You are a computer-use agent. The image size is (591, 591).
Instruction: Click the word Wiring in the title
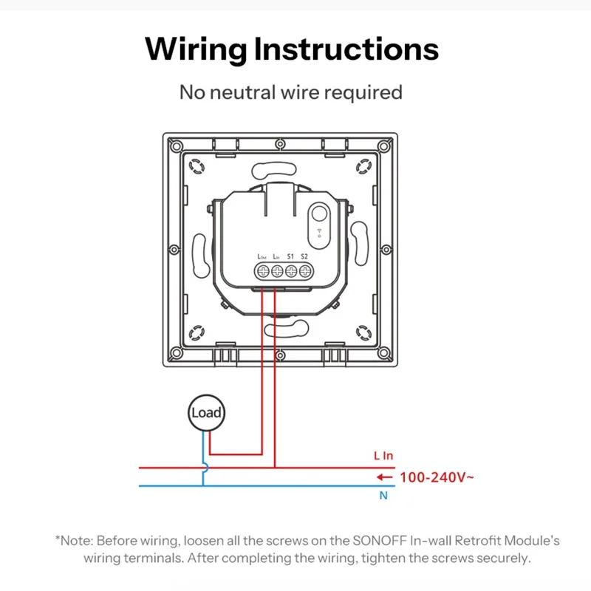point(195,49)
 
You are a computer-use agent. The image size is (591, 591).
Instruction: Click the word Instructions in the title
point(346,49)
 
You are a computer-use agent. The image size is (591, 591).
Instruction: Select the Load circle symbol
point(206,413)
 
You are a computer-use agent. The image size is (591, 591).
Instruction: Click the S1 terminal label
point(290,256)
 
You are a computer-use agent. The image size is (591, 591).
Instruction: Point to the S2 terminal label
point(304,256)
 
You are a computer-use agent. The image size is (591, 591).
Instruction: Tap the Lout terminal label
point(262,256)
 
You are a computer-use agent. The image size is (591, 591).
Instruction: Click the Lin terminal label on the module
point(276,256)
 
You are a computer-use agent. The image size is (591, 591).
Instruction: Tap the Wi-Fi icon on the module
point(319,232)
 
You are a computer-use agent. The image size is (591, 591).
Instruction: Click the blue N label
point(383,496)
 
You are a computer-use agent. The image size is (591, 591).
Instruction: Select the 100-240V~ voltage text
point(437,477)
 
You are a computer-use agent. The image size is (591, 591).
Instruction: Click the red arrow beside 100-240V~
point(384,477)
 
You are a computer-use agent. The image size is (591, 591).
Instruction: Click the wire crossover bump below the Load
point(204,468)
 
